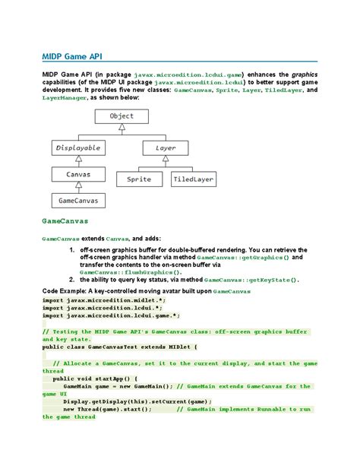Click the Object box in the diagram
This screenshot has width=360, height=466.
click(x=122, y=116)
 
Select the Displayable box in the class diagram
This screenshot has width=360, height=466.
click(x=79, y=147)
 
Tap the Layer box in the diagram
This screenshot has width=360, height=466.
click(x=166, y=147)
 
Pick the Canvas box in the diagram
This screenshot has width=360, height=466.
click(x=79, y=175)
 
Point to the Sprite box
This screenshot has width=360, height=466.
click(x=140, y=179)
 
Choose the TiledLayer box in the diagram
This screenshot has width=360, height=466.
click(x=193, y=179)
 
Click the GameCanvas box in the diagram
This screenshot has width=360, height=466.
click(x=79, y=201)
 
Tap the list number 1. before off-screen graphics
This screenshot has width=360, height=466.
click(x=72, y=249)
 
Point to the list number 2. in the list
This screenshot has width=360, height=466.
click(x=72, y=279)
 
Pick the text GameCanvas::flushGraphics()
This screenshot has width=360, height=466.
click(x=131, y=271)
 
